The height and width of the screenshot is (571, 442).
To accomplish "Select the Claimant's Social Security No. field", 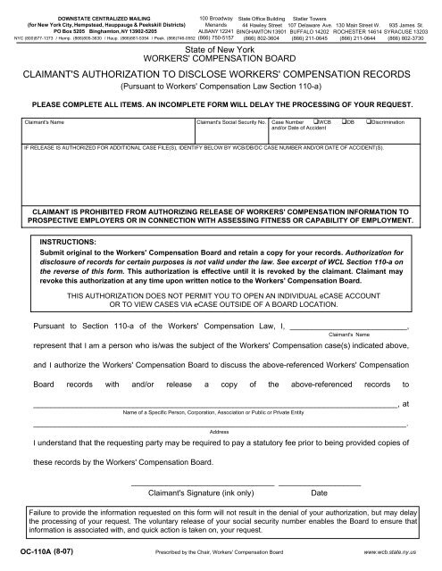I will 229,129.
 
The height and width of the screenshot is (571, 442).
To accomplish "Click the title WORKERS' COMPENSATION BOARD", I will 221,59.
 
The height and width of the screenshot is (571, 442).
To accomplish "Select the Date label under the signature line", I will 318,492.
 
